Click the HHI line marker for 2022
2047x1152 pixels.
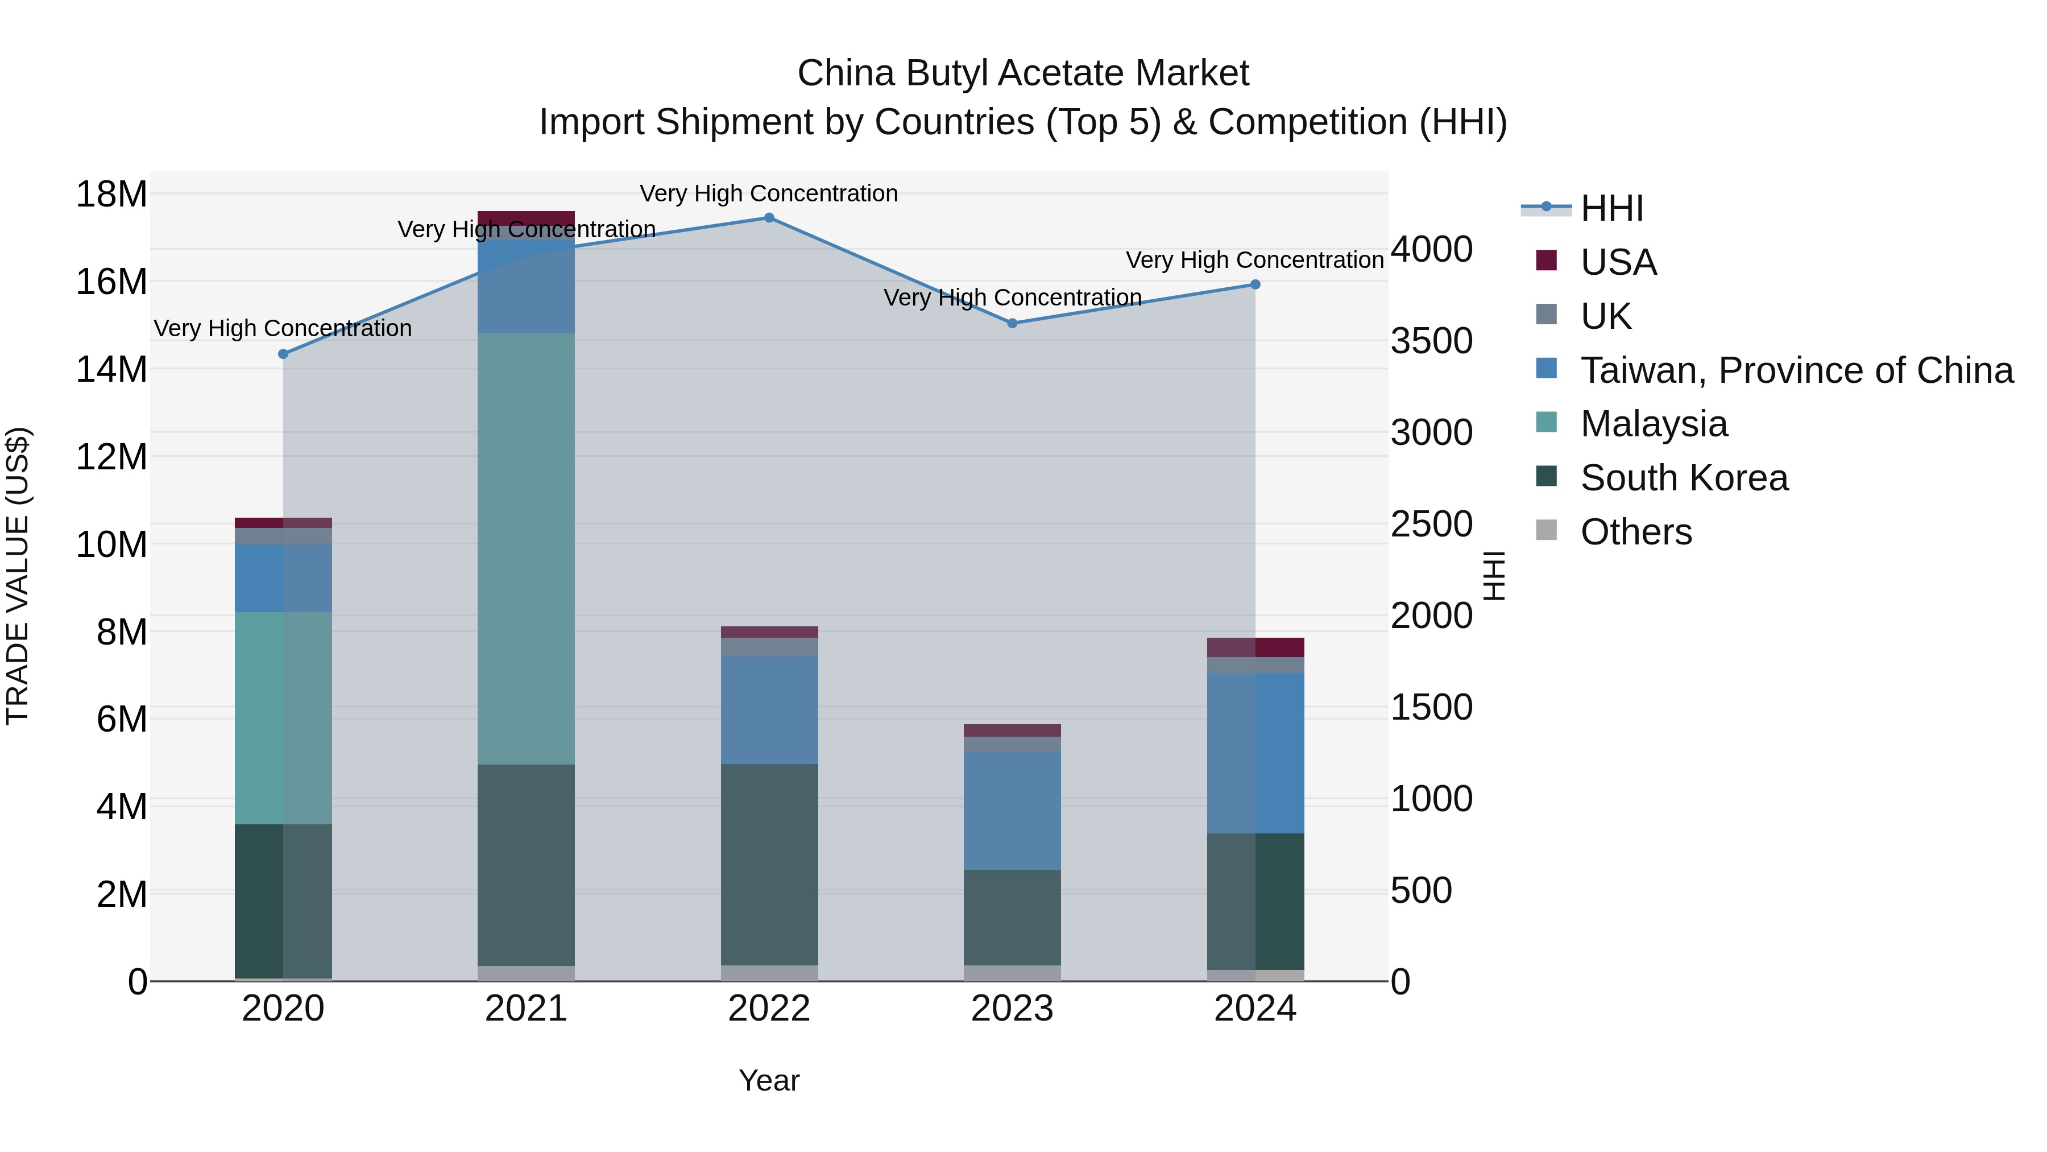(768, 218)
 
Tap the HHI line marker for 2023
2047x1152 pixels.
(1012, 324)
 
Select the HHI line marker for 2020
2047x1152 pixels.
(283, 354)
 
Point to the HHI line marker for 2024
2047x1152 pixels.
(1255, 284)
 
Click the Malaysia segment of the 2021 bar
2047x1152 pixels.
(526, 548)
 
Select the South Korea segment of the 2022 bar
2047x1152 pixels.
(768, 864)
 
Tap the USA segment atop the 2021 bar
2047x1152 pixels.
(526, 218)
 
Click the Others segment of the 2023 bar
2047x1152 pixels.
(1012, 973)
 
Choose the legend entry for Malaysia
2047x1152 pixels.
(1654, 424)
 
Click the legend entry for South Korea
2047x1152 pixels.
(1684, 478)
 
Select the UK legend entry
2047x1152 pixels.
(1605, 316)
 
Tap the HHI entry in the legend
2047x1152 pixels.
(1611, 208)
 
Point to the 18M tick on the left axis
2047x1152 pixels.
(111, 194)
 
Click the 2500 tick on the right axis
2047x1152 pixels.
(1431, 524)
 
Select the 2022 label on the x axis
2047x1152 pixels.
(768, 1009)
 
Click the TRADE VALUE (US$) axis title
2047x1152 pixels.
(18, 576)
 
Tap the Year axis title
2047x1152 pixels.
(768, 1080)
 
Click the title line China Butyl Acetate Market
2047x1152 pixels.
(1023, 73)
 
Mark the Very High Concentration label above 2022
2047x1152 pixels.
(768, 193)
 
